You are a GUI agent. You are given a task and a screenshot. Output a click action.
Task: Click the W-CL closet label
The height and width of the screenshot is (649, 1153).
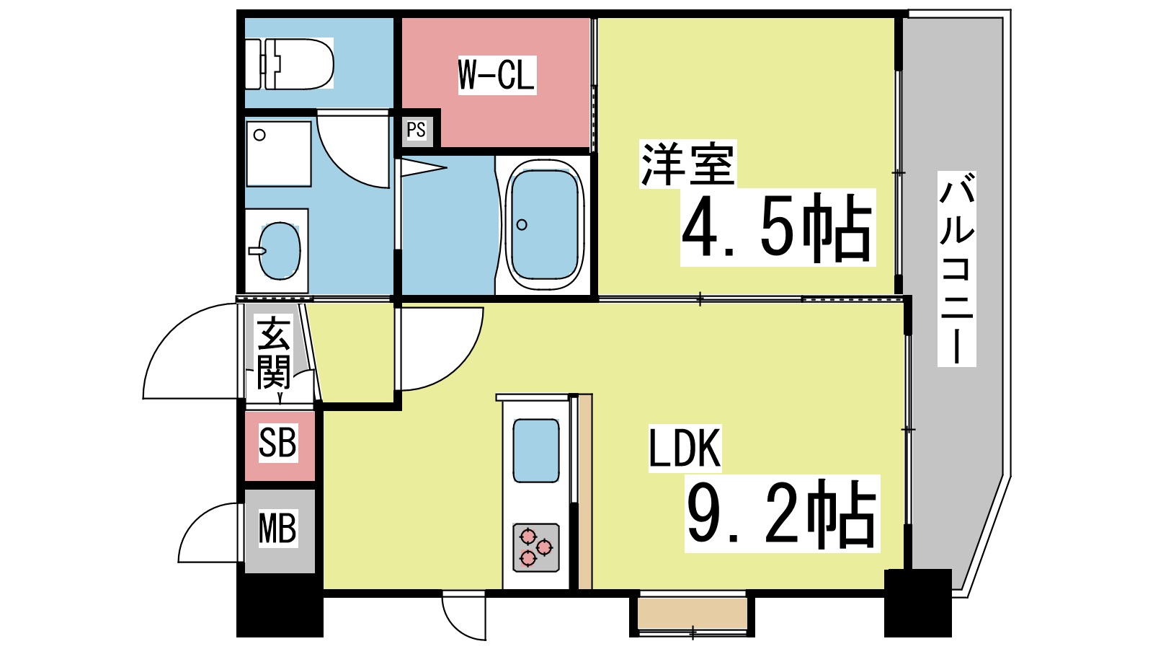[497, 75]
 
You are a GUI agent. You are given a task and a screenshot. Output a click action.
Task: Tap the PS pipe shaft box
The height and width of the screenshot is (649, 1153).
[417, 131]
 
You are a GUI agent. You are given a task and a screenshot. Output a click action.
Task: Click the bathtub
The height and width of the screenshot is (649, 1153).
[543, 224]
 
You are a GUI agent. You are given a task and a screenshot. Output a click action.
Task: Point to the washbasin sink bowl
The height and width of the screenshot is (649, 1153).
[279, 251]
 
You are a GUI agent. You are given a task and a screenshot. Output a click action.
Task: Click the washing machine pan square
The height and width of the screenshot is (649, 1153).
[278, 153]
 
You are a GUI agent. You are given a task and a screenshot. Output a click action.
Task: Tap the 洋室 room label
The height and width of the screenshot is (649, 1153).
[687, 165]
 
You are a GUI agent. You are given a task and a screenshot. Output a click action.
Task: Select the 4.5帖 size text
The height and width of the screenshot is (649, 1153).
[777, 227]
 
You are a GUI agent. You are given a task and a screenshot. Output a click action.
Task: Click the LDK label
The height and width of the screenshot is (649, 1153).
[685, 448]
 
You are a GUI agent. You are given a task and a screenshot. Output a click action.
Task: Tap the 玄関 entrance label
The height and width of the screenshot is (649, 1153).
[274, 353]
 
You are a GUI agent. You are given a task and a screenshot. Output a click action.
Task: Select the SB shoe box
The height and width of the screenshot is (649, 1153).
[279, 444]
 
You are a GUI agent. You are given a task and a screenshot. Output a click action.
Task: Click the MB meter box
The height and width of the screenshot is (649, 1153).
[278, 529]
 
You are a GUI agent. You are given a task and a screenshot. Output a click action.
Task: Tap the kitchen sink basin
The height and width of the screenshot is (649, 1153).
[536, 451]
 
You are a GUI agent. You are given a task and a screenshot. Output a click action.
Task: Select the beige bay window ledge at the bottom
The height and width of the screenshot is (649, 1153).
[691, 612]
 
